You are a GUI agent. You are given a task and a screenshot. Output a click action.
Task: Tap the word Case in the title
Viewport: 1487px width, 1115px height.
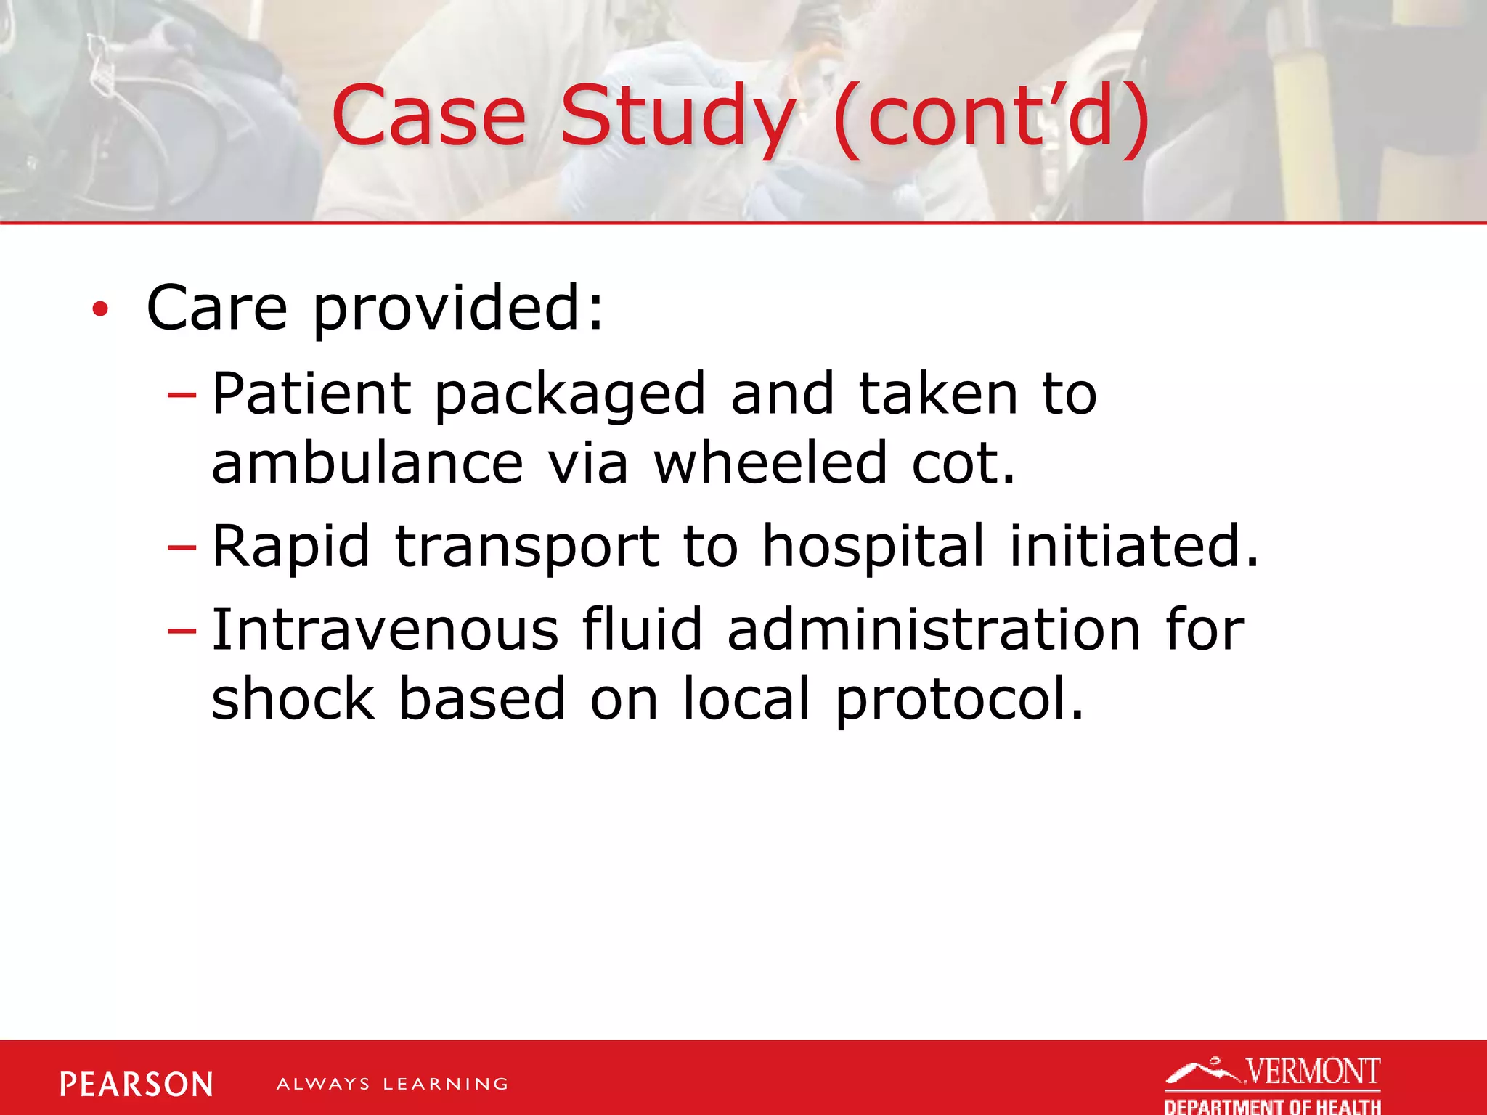pos(428,116)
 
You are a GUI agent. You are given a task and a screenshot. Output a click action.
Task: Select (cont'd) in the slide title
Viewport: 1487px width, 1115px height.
pos(991,116)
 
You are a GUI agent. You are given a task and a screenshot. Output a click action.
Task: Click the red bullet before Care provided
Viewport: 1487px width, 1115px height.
pos(100,310)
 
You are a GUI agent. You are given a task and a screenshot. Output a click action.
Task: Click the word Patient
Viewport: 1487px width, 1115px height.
pos(311,394)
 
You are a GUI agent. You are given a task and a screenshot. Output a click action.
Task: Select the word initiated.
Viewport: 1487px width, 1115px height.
pos(1133,546)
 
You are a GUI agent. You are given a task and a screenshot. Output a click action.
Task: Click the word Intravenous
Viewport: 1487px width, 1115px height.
pos(385,629)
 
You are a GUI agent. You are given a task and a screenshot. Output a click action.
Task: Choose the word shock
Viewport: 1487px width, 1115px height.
pos(293,698)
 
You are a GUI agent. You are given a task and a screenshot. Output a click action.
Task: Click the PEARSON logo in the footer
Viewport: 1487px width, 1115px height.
pos(137,1085)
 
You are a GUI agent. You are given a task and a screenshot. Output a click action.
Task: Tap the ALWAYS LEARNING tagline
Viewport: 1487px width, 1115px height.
pos(392,1085)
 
